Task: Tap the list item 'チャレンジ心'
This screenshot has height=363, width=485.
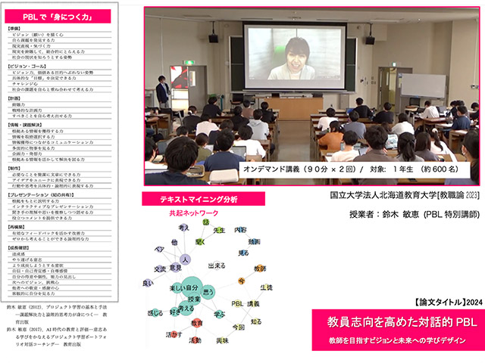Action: (27, 85)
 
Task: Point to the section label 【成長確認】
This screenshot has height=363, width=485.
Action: (20, 247)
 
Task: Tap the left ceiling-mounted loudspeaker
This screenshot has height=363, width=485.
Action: (213, 38)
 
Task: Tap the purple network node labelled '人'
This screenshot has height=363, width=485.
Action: (184, 259)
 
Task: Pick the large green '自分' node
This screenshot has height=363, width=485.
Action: (182, 288)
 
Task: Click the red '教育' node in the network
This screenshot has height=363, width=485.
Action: (196, 323)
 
